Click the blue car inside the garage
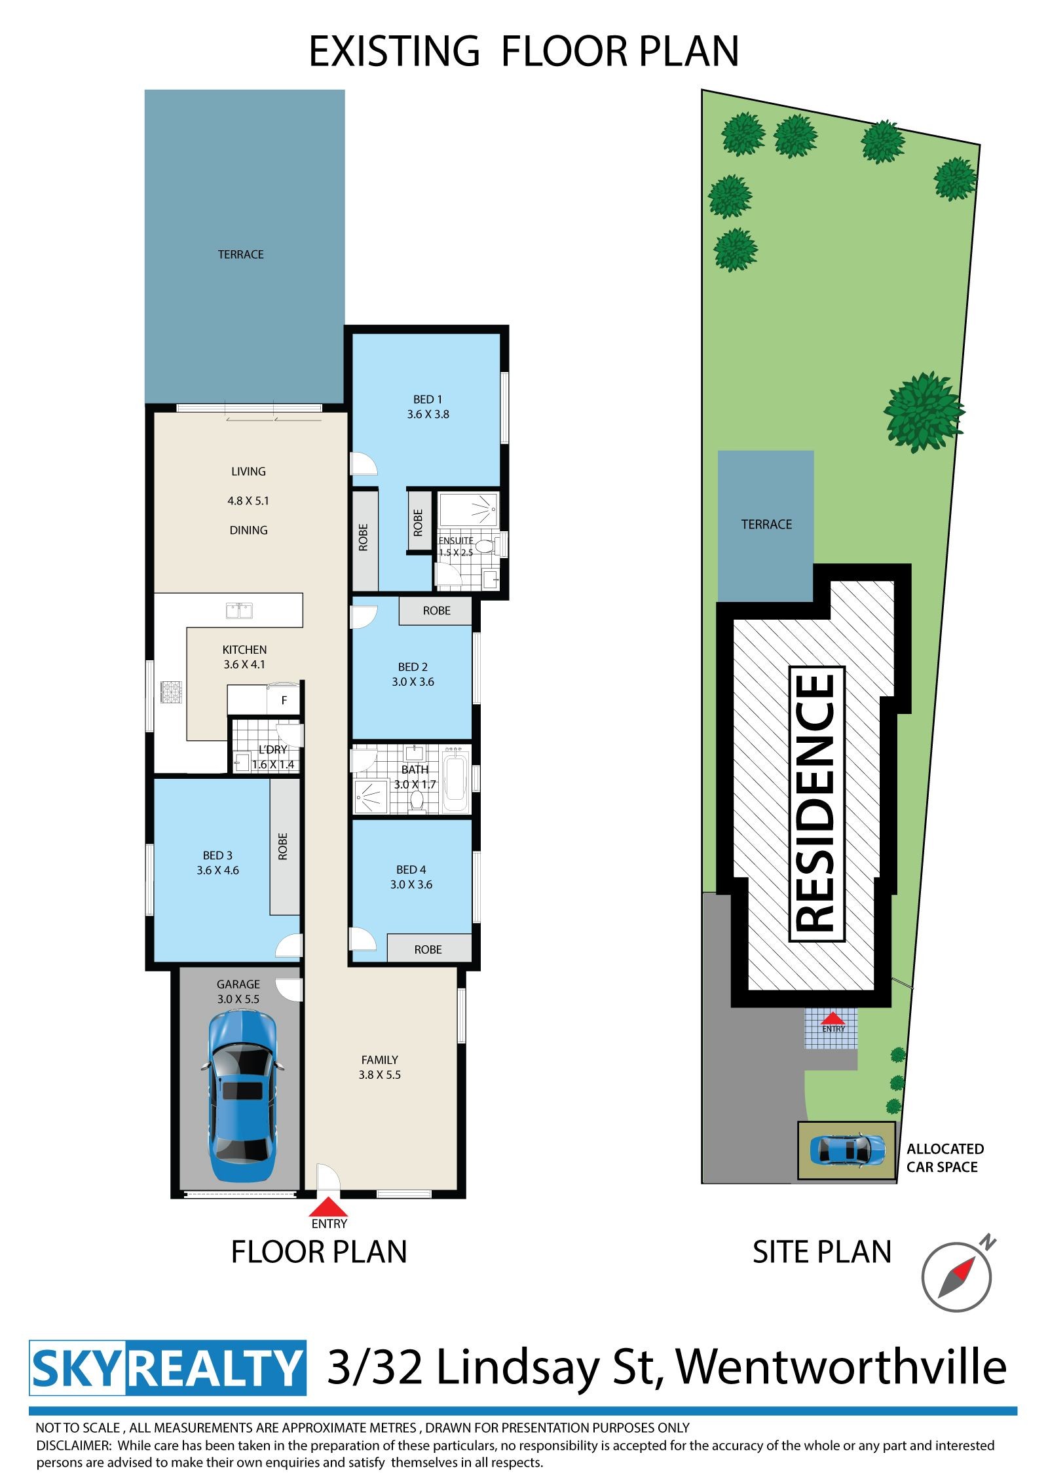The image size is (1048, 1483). pos(242,1095)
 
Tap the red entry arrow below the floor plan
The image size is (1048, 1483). pos(329,1207)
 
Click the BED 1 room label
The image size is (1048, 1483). pos(428,407)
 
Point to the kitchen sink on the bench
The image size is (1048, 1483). pos(239,610)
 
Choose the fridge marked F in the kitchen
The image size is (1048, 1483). pos(284,700)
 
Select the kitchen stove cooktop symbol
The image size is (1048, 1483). pos(171,692)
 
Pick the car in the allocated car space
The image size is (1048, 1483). pos(848,1150)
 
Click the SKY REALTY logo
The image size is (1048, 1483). pos(168,1368)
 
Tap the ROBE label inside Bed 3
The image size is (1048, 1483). pos(283,846)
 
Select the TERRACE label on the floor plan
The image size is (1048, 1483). pos(240,254)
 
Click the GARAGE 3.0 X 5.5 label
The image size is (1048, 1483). pos(238,992)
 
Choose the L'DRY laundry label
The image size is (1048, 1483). pos(273,749)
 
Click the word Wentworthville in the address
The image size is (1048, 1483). pos(840,1368)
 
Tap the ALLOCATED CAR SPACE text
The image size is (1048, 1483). pos(945,1157)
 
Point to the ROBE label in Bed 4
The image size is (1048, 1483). pos(428,949)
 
